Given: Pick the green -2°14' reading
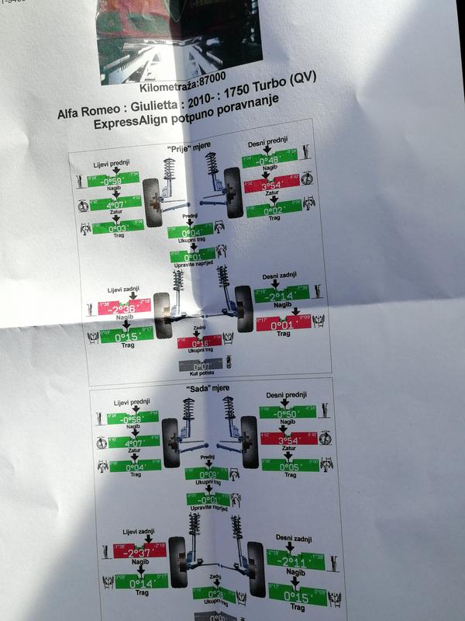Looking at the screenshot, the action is pos(284,296).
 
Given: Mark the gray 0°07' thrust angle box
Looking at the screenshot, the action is pos(200,363).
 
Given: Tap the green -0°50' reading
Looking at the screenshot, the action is pos(285,413).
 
